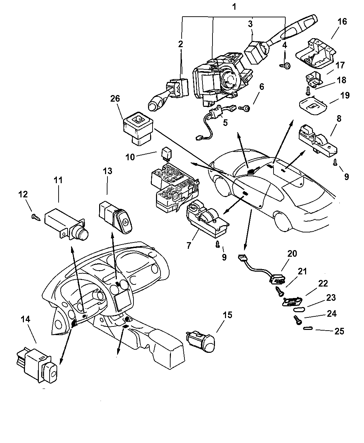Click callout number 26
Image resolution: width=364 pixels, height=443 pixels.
115,99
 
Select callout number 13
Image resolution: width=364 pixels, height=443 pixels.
107,171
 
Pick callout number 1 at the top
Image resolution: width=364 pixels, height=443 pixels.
234,7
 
